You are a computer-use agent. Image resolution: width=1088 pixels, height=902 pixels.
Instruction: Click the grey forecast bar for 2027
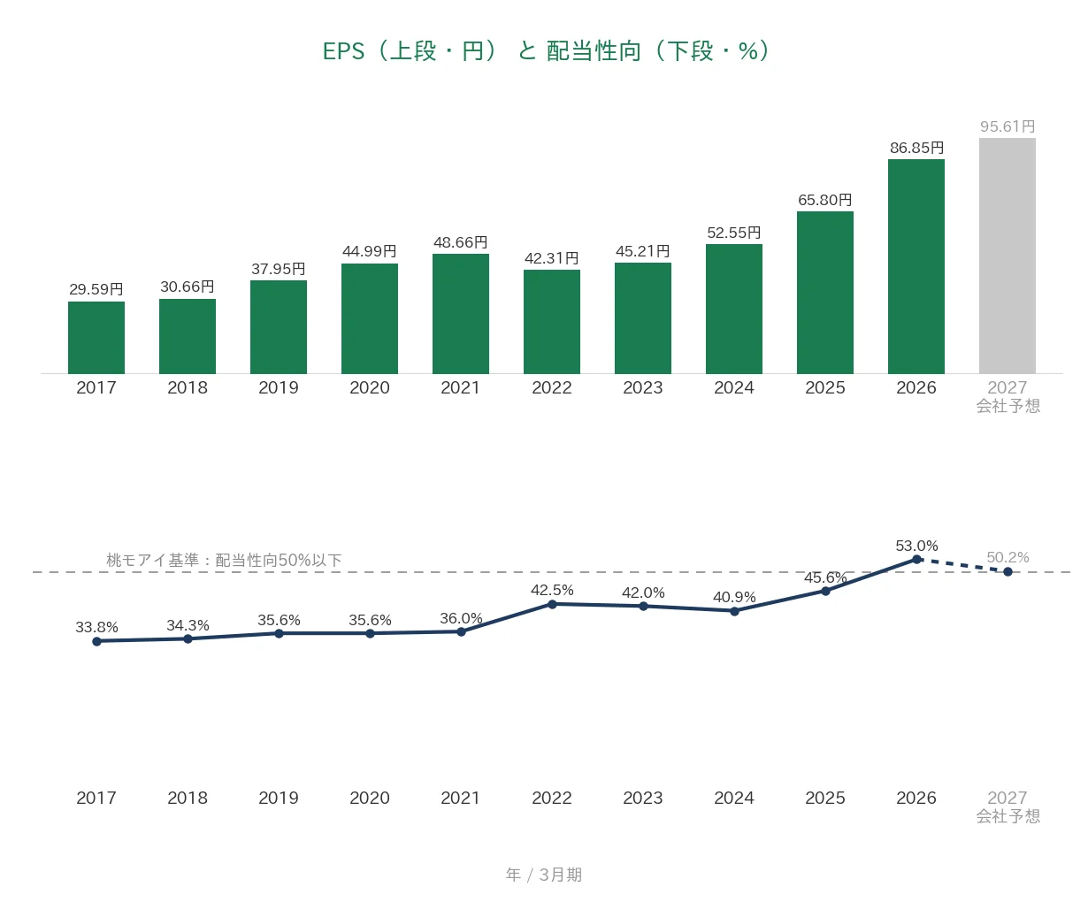pos(1007,256)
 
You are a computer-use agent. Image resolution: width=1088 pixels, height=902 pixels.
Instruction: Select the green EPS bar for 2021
pos(461,314)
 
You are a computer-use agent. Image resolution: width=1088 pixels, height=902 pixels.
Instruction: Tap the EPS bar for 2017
pos(96,337)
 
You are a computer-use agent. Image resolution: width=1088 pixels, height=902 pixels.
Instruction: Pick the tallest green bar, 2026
pos(916,266)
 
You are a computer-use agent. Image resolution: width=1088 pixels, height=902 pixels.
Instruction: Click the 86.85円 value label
pos(916,148)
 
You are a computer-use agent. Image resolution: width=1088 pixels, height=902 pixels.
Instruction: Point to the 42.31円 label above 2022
pos(551,258)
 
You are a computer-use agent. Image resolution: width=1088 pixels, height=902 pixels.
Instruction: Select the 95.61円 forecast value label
pos(1008,126)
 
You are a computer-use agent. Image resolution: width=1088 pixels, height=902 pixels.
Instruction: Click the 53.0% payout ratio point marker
pos(916,560)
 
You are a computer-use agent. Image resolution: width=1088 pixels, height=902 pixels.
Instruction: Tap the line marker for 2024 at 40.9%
pos(734,611)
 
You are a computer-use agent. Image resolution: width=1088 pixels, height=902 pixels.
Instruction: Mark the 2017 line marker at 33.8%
pos(96,641)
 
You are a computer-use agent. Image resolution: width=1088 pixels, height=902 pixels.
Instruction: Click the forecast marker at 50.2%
pos(1008,571)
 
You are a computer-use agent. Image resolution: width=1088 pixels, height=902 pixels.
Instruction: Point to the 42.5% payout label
pos(552,590)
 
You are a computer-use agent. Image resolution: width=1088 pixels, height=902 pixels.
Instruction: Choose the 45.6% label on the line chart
pos(825,577)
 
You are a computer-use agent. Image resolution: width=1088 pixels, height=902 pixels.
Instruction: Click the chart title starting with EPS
pos(546,51)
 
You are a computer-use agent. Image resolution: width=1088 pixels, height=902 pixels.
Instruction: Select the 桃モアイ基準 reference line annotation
pos(224,560)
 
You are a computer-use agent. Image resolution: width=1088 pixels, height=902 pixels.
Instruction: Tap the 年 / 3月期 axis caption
pos(543,875)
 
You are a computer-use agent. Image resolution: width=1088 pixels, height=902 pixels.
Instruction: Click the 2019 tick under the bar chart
pos(279,387)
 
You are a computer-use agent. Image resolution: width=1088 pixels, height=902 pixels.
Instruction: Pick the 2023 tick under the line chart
pos(642,798)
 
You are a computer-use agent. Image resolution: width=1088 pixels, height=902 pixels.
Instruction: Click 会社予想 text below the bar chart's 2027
pos(1008,406)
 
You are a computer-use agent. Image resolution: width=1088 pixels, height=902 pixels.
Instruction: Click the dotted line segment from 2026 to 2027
pos(962,566)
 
